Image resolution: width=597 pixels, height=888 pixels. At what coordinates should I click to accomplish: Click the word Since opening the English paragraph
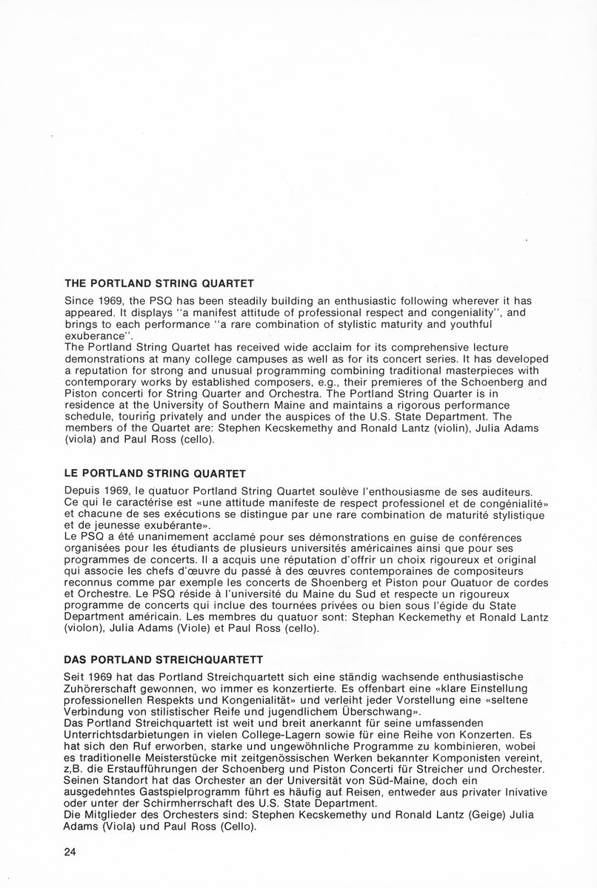tap(79, 302)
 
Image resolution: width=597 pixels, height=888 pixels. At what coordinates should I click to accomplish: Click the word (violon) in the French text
tap(87, 630)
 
